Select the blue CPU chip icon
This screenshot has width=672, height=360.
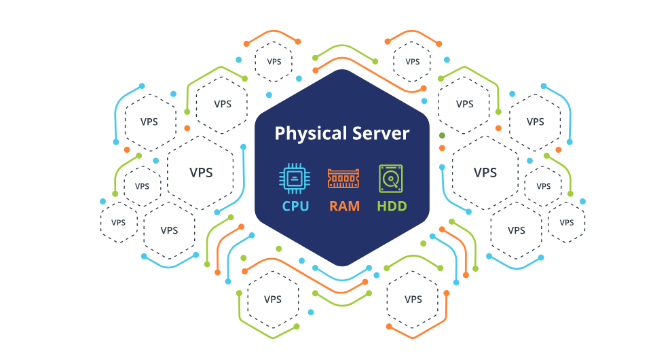point(295,178)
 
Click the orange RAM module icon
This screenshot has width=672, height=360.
point(343,179)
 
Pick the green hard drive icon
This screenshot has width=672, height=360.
point(391,178)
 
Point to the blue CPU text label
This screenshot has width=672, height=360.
point(295,205)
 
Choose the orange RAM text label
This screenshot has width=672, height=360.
point(344,205)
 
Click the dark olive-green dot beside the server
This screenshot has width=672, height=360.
point(442,136)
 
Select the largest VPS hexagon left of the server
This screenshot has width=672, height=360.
point(200,173)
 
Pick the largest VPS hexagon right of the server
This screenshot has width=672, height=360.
point(485,173)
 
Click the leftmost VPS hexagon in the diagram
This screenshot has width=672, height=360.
point(119,222)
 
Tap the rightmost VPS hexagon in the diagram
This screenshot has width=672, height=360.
point(567,222)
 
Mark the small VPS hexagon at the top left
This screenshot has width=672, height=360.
point(274,61)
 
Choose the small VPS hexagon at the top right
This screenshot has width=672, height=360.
point(413,61)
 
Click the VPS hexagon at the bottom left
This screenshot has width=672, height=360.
point(273,299)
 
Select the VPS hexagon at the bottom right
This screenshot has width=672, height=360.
point(413,299)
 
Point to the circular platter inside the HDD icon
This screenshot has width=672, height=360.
point(390,180)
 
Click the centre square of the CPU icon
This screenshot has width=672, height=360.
point(295,178)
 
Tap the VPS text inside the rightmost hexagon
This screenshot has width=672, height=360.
point(567,223)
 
